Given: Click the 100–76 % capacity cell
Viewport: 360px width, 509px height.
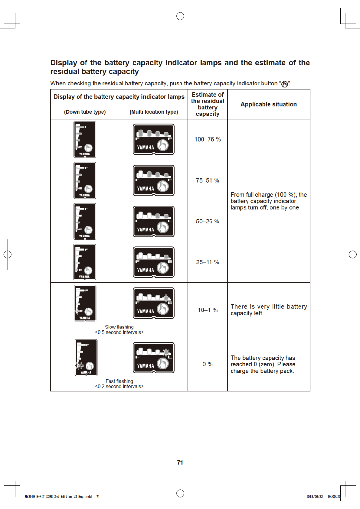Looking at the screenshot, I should [208, 139].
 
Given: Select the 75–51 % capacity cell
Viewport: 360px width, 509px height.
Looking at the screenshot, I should [208, 180].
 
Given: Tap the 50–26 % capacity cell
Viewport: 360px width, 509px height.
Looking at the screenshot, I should [208, 221].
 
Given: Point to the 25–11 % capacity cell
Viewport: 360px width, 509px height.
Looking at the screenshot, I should [208, 262].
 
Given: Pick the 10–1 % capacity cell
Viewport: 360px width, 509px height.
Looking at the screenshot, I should [208, 310].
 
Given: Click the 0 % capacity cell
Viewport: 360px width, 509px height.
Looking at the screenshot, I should [208, 364].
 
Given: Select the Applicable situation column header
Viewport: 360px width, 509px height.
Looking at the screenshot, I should [269, 104].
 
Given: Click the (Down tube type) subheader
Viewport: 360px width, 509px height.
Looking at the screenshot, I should [85, 112].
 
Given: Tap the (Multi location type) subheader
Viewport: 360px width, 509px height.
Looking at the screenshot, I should [154, 112].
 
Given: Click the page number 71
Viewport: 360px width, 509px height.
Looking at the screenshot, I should [180, 462].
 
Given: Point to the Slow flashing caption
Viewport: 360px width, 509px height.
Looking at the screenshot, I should [119, 327].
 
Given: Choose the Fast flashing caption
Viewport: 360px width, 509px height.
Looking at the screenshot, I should [119, 381].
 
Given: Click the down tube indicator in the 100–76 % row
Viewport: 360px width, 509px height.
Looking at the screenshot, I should [85, 140].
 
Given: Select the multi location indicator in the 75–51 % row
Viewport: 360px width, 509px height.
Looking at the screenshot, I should [154, 180].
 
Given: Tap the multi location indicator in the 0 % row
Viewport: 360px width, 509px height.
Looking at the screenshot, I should [154, 358].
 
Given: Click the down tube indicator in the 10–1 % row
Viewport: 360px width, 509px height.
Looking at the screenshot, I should [85, 303].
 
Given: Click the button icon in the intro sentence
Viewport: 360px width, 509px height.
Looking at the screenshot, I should [285, 84].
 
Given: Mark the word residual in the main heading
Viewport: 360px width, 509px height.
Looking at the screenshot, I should [64, 72].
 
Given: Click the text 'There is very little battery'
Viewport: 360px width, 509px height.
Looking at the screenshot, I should [269, 306].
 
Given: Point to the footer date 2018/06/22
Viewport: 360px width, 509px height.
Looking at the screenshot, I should [314, 497].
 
